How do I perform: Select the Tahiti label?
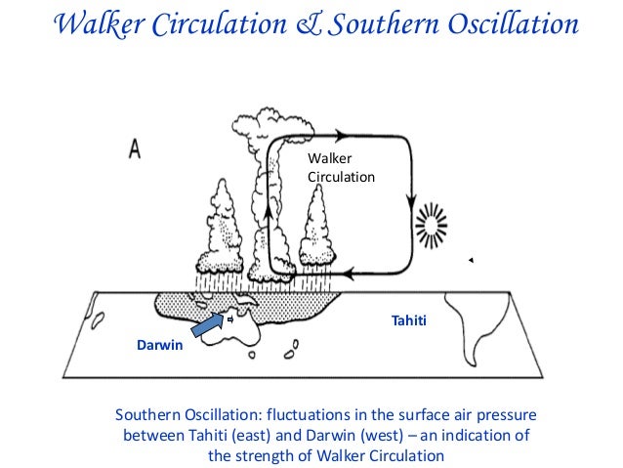(x=409, y=319)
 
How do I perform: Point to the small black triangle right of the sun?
(x=470, y=260)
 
